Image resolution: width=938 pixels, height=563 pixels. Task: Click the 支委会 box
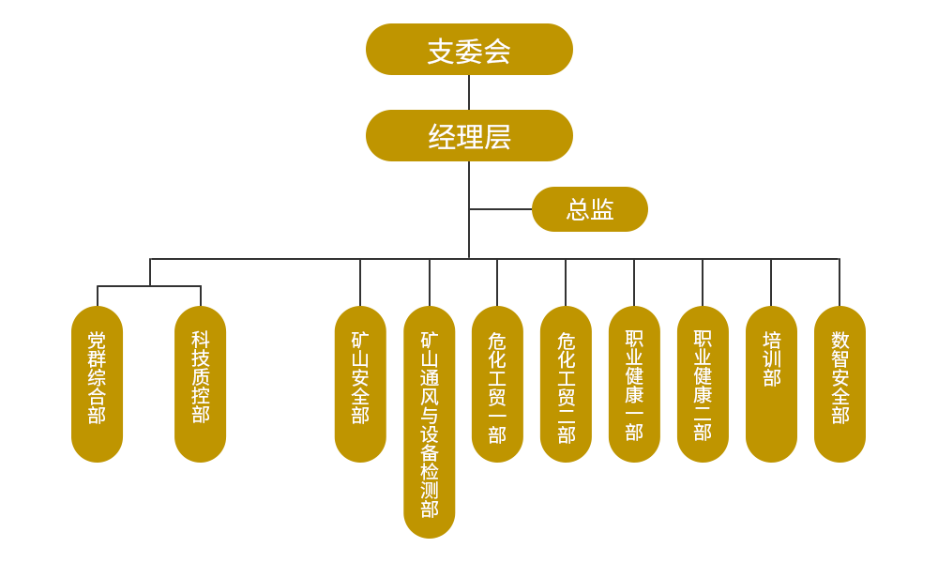click(x=469, y=49)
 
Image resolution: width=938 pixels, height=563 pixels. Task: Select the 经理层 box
click(x=469, y=135)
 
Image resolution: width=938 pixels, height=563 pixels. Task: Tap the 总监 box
click(x=589, y=208)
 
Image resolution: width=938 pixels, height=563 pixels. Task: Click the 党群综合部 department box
click(x=98, y=384)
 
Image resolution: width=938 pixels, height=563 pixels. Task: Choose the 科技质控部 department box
click(x=201, y=384)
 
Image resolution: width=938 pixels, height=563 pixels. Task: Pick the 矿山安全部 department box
click(x=360, y=384)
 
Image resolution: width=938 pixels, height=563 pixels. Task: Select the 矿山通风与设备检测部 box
click(x=430, y=421)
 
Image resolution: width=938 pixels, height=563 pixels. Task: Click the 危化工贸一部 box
click(x=497, y=384)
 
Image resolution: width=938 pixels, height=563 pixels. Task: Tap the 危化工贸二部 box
click(x=566, y=384)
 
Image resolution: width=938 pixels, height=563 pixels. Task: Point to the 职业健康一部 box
click(x=634, y=384)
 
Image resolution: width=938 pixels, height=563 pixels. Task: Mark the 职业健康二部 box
click(x=703, y=384)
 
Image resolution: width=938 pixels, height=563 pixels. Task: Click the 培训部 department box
click(x=771, y=384)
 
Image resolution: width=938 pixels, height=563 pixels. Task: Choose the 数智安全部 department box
click(x=840, y=384)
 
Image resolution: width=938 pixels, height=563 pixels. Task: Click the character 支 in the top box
click(x=441, y=51)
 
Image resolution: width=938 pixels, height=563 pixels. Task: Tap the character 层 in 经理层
click(x=497, y=137)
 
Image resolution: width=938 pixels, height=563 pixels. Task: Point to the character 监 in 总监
click(x=602, y=209)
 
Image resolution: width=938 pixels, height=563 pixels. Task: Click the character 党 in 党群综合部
click(x=97, y=340)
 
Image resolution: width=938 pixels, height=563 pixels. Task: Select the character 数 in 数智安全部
click(x=840, y=340)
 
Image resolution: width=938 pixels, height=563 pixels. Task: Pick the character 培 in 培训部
click(x=771, y=340)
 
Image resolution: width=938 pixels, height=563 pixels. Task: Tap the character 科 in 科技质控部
click(x=201, y=340)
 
